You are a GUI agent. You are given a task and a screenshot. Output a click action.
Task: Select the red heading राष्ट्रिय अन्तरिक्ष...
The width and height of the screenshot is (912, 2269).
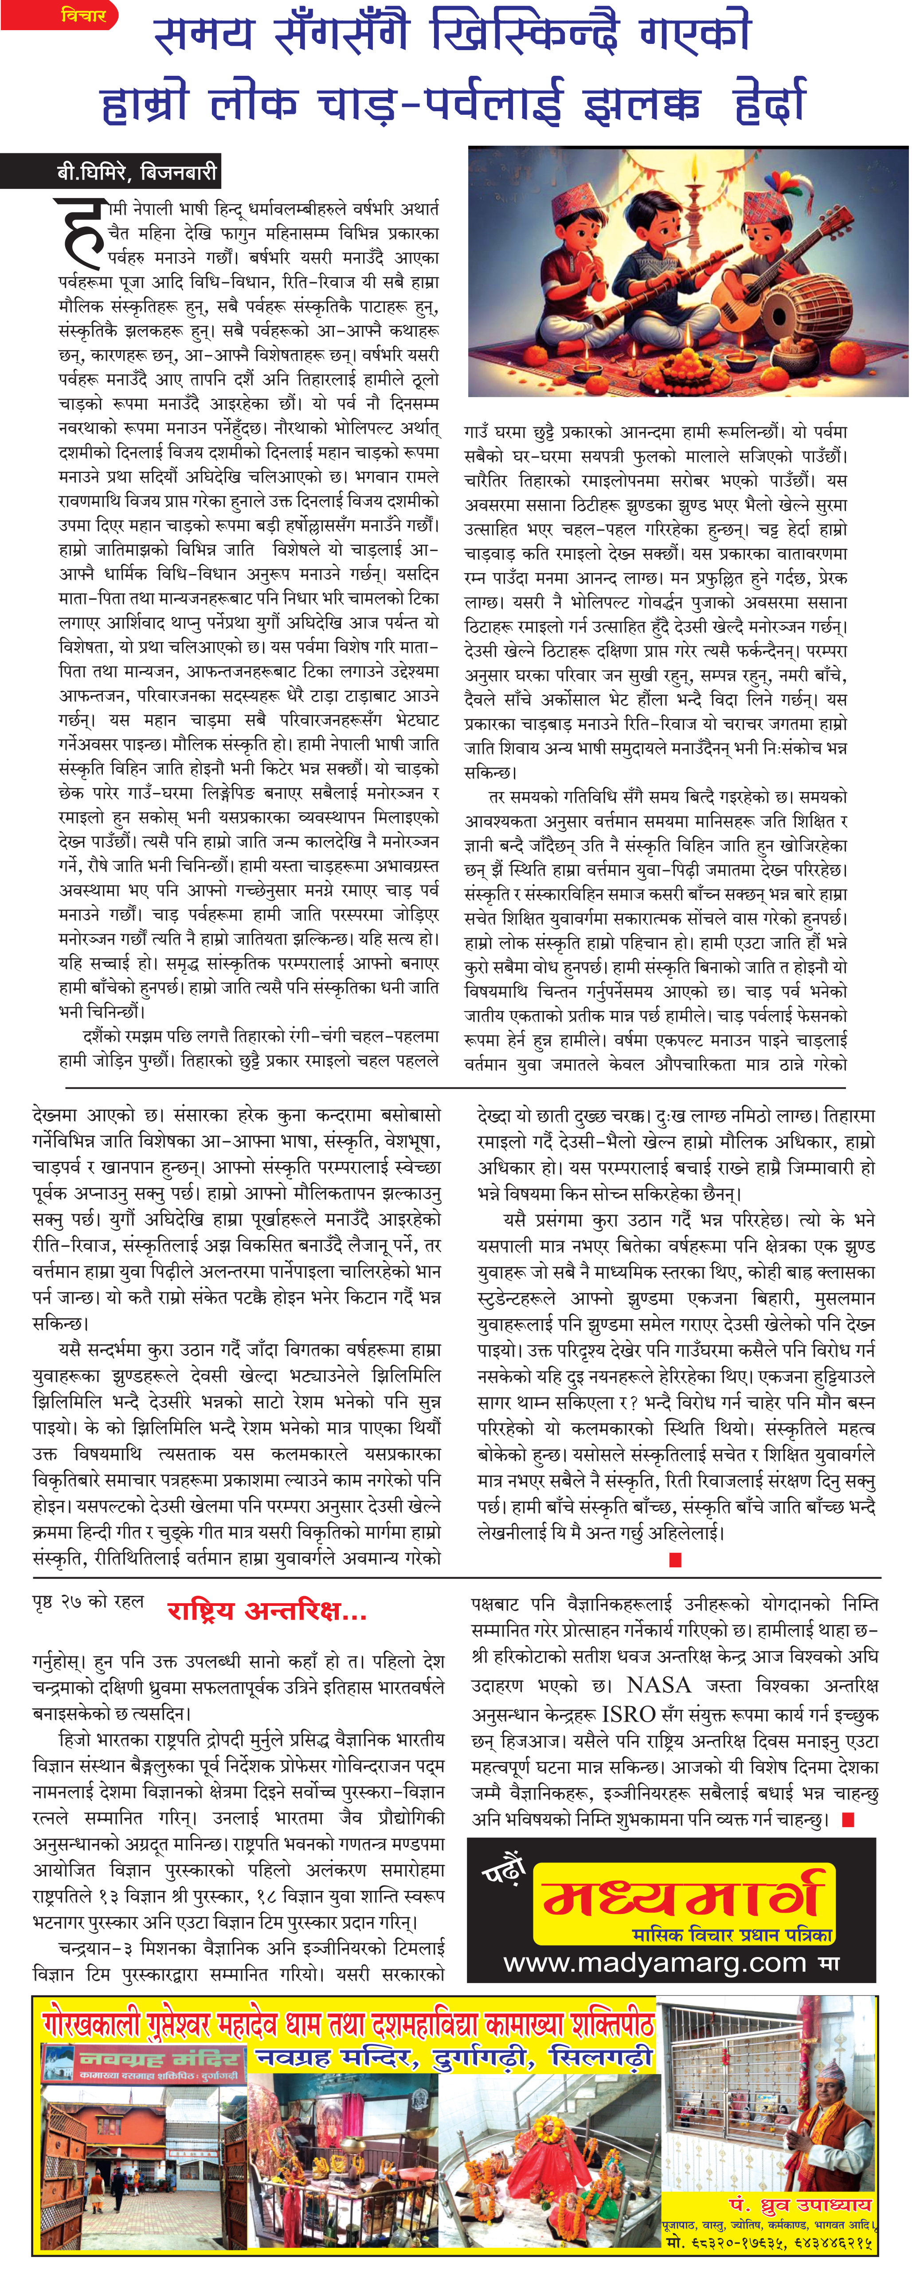coord(266,1611)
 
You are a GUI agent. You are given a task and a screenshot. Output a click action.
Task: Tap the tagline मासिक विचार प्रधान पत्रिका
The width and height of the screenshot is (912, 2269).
coord(732,1934)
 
